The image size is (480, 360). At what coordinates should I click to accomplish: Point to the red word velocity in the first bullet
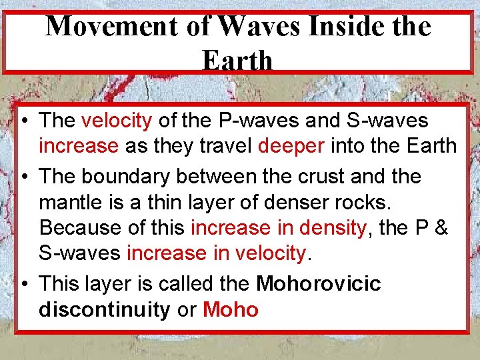(117, 121)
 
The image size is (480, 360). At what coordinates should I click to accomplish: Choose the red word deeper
(291, 145)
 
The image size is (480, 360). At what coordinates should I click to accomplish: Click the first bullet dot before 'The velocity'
(23, 121)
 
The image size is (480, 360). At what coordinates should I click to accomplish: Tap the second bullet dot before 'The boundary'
(23, 177)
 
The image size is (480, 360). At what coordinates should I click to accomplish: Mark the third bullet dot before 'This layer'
(23, 285)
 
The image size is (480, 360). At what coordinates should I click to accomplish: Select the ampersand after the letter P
(441, 227)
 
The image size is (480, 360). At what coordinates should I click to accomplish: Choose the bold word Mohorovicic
(318, 284)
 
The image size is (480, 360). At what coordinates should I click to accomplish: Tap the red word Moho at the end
(231, 309)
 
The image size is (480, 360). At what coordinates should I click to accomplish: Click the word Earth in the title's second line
(237, 61)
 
